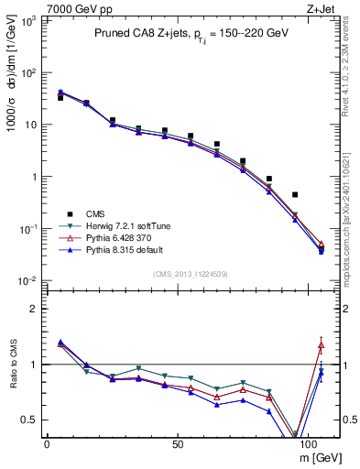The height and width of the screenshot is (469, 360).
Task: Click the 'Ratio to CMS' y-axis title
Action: pyautogui.click(x=12, y=365)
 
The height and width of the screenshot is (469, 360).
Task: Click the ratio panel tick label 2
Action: pyautogui.click(x=33, y=309)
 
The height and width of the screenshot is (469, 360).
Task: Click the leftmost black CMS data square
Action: pyautogui.click(x=60, y=97)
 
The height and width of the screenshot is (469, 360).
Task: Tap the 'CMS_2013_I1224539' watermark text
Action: pyautogui.click(x=190, y=273)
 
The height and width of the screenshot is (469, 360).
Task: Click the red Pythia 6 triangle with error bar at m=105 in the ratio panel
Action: pyautogui.click(x=322, y=344)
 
